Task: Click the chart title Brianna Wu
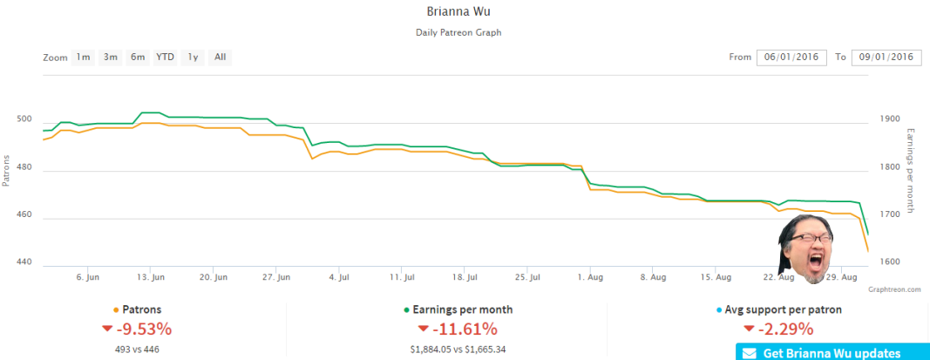(458, 12)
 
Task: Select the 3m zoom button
(111, 58)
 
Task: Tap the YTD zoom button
(165, 58)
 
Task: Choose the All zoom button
(220, 58)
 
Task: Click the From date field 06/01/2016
(791, 58)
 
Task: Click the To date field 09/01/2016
(886, 58)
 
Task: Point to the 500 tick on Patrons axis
(26, 119)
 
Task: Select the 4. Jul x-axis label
(339, 277)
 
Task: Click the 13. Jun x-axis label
(151, 277)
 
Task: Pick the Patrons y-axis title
(6, 171)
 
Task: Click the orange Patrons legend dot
(116, 310)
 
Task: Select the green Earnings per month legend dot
(406, 310)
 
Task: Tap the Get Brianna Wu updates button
(832, 352)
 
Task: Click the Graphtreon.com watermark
(893, 289)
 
